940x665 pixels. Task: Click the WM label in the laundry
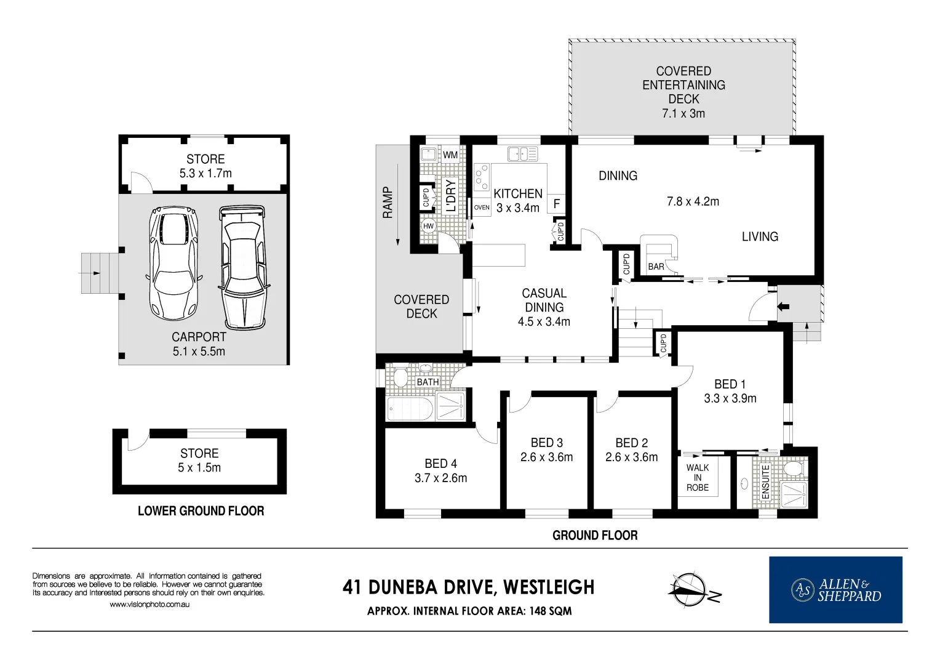pos(450,155)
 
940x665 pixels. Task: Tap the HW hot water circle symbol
pos(428,226)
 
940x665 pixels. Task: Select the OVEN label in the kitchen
pos(482,208)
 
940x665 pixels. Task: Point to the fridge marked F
pos(557,203)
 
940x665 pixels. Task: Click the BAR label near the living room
pos(656,267)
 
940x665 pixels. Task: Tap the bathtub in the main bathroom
pos(410,408)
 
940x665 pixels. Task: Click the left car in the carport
pos(173,263)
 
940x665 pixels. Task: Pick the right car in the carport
pos(243,267)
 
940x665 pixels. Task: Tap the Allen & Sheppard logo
pos(835,590)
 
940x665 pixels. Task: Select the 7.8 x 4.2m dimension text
pos(693,201)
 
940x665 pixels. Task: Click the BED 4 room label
pos(440,464)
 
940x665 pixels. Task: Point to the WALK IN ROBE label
pos(697,477)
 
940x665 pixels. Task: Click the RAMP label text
pos(388,203)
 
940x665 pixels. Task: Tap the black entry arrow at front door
pos(783,306)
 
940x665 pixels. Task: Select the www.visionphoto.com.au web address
pos(149,605)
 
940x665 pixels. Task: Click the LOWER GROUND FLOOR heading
pos(201,511)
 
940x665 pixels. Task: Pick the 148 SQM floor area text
pos(551,611)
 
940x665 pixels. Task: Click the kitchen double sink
pos(522,153)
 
